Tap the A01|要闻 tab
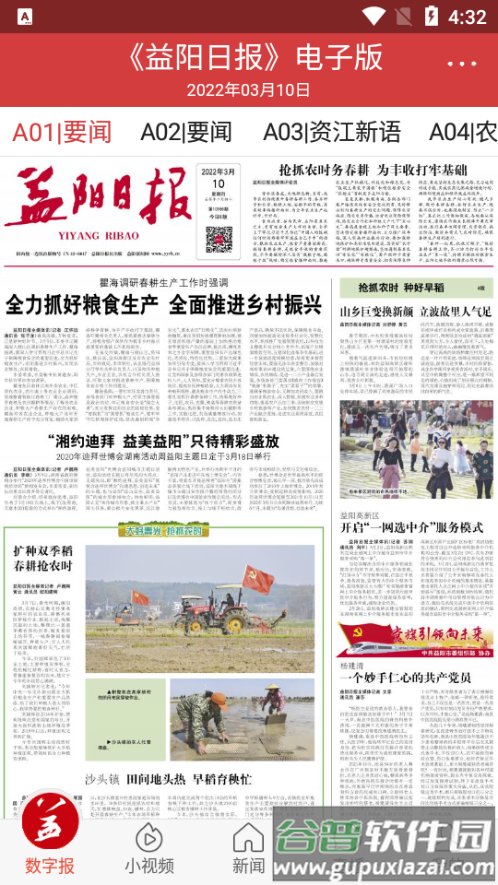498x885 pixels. click(x=61, y=131)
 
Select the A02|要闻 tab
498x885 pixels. click(x=186, y=131)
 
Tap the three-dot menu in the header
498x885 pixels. click(x=462, y=63)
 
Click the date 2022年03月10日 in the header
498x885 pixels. click(x=249, y=89)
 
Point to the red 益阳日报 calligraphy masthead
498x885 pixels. click(x=92, y=205)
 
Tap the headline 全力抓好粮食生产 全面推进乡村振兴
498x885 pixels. click(x=164, y=304)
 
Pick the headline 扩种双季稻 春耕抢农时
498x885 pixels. click(x=42, y=558)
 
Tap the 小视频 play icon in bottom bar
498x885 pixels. click(x=149, y=838)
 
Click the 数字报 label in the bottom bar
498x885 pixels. click(x=50, y=866)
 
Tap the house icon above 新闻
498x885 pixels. click(x=248, y=838)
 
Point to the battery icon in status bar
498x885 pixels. click(x=431, y=17)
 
